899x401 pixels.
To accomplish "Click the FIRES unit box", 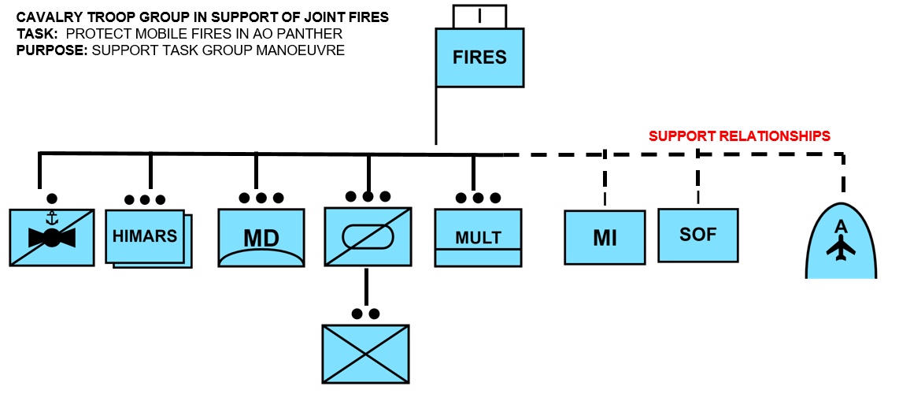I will pyautogui.click(x=479, y=58).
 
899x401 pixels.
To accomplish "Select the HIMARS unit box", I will pyautogui.click(x=145, y=236).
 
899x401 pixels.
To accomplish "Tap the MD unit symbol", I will pyautogui.click(x=261, y=237).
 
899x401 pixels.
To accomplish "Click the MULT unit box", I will pyautogui.click(x=478, y=237).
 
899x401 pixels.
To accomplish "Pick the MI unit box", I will pyautogui.click(x=605, y=237).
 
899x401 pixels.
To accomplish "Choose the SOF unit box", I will pyautogui.click(x=697, y=235).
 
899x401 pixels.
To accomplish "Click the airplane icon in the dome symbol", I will pyautogui.click(x=841, y=248).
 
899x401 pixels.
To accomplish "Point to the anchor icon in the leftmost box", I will pyautogui.click(x=52, y=217).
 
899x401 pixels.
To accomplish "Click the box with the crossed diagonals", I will pyautogui.click(x=365, y=354).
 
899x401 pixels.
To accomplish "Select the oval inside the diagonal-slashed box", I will pyautogui.click(x=368, y=236).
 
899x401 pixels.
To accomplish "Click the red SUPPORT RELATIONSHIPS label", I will pyautogui.click(x=739, y=136).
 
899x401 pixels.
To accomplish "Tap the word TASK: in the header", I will pyautogui.click(x=37, y=34).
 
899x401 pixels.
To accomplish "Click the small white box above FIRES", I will pyautogui.click(x=479, y=16).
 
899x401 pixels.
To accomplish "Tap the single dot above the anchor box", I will pyautogui.click(x=52, y=198).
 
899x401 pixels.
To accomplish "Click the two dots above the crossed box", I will pyautogui.click(x=365, y=314).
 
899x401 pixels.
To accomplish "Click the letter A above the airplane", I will pyautogui.click(x=841, y=227).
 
